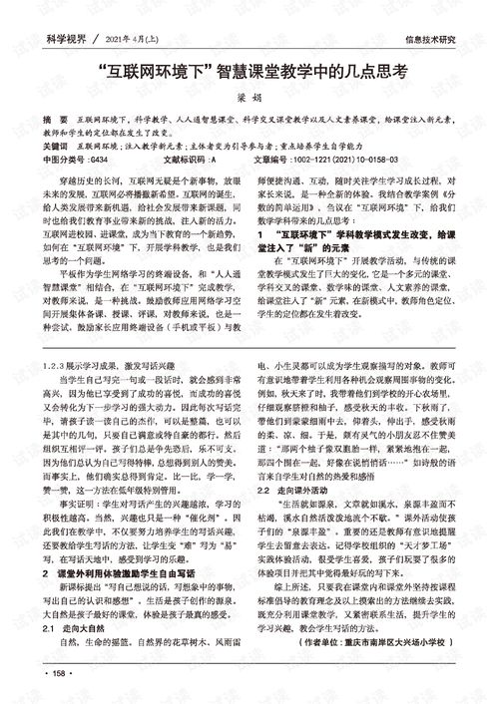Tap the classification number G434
coord(100,158)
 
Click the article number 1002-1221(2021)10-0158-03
coord(338,158)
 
